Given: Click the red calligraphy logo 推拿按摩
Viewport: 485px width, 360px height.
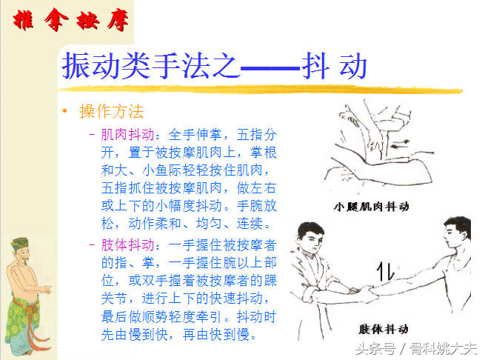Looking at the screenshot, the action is point(70,20).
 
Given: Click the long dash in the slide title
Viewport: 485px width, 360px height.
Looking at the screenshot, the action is point(270,67).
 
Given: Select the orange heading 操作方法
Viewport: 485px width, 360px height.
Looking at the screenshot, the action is point(112,111).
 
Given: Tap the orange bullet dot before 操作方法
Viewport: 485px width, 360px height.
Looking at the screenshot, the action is point(64,111).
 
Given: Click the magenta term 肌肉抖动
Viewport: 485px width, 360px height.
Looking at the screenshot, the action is point(127,135).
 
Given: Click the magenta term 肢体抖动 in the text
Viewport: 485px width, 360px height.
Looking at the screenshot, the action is point(127,245).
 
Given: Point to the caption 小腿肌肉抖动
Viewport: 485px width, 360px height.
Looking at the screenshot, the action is point(371,207).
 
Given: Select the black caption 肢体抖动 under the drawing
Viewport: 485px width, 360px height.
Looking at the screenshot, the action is point(384,329).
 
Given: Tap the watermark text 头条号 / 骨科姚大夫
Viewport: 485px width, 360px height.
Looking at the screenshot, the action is point(416,349).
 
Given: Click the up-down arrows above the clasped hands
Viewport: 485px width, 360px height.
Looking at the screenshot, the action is point(386,271).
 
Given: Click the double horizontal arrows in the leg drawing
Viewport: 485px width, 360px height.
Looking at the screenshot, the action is point(401,144).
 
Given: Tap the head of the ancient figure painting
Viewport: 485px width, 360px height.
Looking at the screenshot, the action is point(21,250).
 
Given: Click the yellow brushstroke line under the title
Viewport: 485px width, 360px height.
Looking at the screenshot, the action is point(260,90).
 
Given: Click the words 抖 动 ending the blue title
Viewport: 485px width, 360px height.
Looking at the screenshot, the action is point(335,66).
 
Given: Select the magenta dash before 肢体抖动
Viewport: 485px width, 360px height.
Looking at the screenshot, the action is point(92,245).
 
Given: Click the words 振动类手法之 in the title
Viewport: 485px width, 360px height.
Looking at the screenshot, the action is point(151,66).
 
